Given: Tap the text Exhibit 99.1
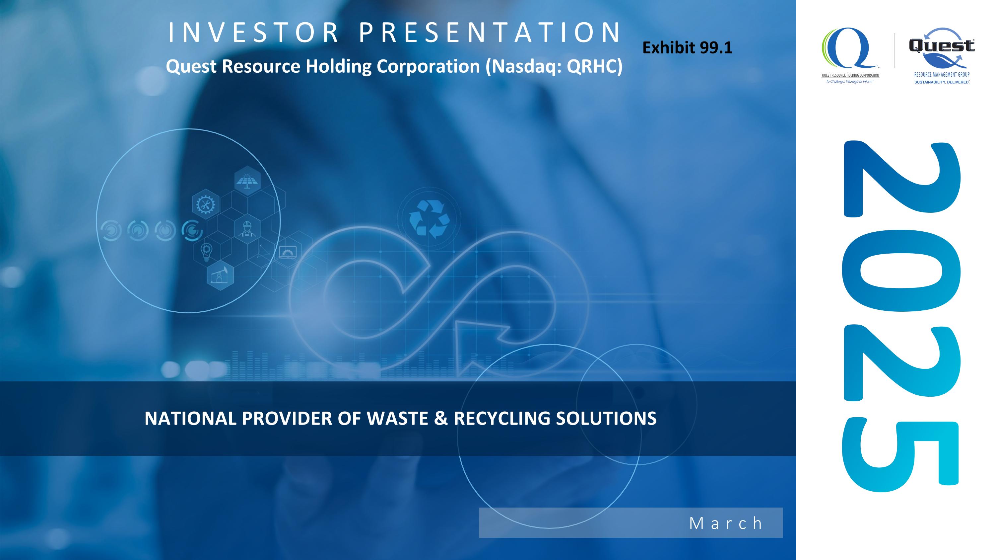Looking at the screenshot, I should click(x=687, y=48).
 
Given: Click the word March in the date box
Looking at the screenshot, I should click(x=726, y=523).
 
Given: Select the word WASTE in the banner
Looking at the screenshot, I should click(x=397, y=418).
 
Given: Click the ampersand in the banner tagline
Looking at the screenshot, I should click(x=441, y=418).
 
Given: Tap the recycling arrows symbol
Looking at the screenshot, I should click(x=429, y=218).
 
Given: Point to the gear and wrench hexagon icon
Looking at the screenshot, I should click(x=206, y=204).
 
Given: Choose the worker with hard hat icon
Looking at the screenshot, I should click(x=247, y=229).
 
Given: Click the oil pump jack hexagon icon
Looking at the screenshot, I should click(x=220, y=275).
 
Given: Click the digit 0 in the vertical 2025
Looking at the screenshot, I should click(x=901, y=271).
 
